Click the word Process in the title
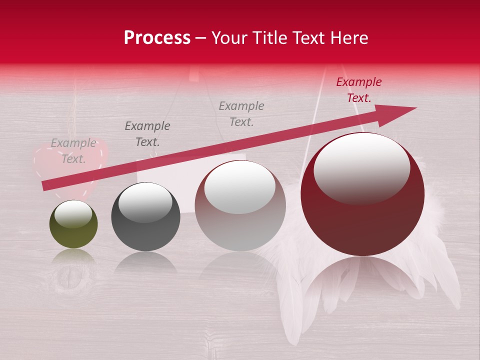[x=157, y=38]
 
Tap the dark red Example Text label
[x=358, y=90]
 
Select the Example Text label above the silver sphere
[x=241, y=113]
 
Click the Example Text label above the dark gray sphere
[x=147, y=134]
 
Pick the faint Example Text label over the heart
[x=73, y=150]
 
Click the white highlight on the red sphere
[x=361, y=167]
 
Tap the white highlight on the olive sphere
[x=73, y=214]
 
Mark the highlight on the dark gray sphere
[x=145, y=202]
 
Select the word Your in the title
[x=229, y=38]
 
